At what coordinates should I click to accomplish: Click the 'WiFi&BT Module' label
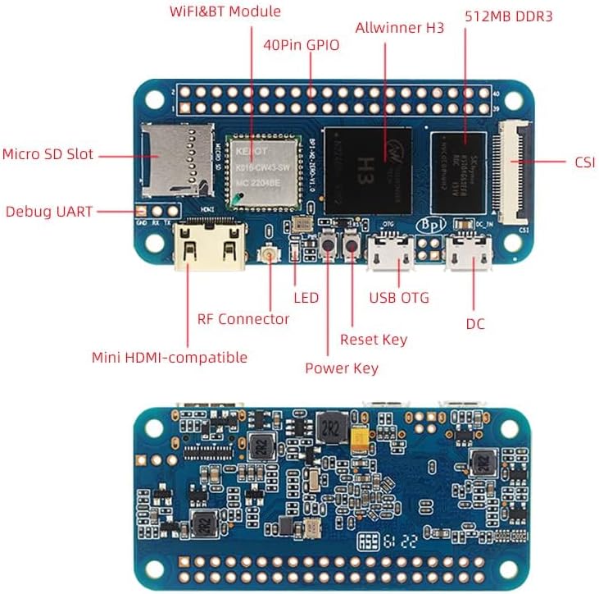click(225, 11)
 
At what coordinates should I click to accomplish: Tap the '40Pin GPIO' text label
click(301, 45)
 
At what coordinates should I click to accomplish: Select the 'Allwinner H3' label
click(399, 28)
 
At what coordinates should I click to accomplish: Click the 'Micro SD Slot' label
click(48, 154)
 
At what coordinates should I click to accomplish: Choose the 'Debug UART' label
click(48, 211)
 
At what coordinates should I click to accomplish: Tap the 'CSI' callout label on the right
click(584, 162)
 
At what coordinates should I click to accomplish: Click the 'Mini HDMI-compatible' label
click(169, 357)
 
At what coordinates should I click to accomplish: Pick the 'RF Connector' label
click(243, 318)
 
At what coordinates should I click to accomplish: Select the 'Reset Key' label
click(373, 339)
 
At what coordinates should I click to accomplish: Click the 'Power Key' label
click(342, 368)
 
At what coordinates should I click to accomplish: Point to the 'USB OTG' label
click(399, 297)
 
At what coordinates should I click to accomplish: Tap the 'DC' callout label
click(475, 323)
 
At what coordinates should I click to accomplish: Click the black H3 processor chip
click(367, 170)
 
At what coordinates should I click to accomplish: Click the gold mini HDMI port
click(211, 244)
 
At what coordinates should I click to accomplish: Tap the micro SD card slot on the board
click(177, 161)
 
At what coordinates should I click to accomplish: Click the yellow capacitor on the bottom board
click(359, 439)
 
